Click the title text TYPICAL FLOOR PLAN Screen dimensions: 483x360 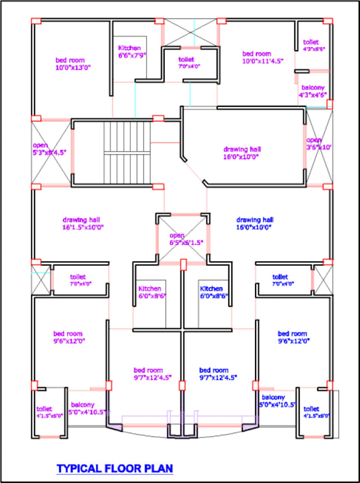114,468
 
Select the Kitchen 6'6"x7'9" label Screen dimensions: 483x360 132,51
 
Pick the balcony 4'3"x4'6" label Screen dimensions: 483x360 313,91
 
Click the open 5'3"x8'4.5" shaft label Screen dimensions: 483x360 49,148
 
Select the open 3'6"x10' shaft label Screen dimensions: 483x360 318,143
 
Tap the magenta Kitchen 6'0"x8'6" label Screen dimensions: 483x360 150,293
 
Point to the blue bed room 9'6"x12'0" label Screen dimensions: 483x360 292,337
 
